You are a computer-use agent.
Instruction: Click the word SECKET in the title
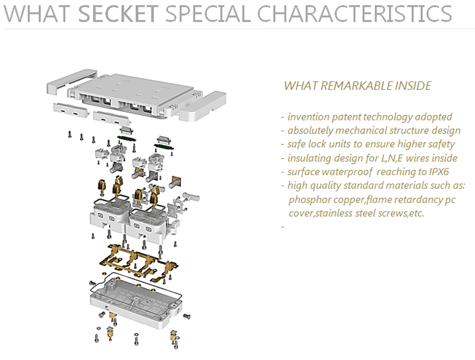118,14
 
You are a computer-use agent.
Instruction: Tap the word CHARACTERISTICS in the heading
355,14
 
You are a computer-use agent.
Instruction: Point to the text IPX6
439,172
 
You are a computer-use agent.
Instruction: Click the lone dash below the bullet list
282,227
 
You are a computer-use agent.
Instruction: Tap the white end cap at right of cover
202,106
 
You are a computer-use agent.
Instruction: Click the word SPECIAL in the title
208,14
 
